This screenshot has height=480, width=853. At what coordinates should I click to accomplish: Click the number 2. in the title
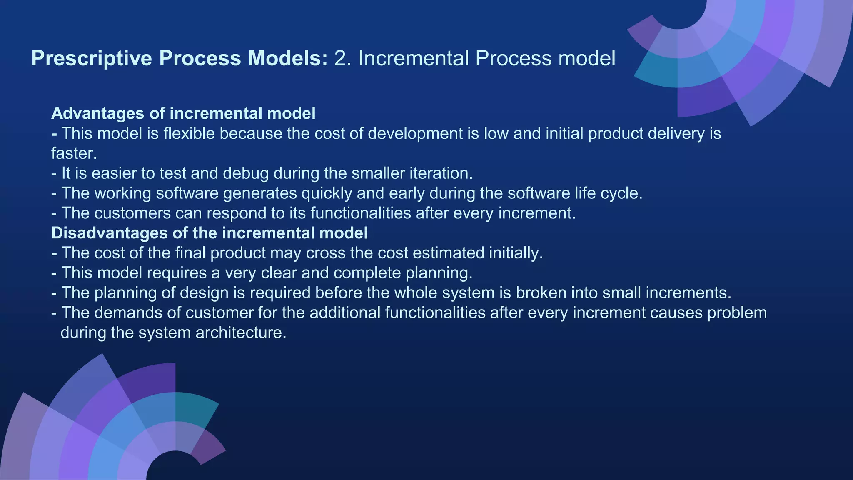tap(343, 58)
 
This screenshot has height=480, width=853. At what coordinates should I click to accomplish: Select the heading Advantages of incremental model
tap(183, 113)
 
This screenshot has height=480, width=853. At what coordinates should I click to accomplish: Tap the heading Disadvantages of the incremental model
tap(209, 233)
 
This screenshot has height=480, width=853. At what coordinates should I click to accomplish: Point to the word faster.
tap(74, 154)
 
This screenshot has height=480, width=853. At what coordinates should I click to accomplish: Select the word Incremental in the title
tap(414, 58)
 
